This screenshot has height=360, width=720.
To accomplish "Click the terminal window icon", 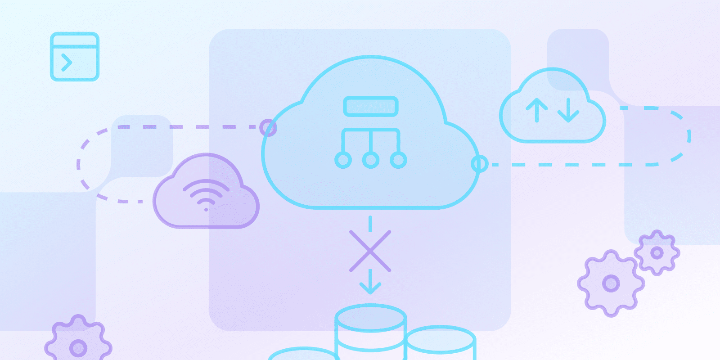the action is pyautogui.click(x=74, y=57).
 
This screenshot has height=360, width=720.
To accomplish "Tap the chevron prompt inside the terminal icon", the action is pyautogui.click(x=67, y=63).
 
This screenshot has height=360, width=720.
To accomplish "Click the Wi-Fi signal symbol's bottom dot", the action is pyautogui.click(x=206, y=210).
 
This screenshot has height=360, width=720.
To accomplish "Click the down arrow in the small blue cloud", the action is pyautogui.click(x=568, y=110).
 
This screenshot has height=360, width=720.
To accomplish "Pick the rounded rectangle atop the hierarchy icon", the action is pyautogui.click(x=370, y=107).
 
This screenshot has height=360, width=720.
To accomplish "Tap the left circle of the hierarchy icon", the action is pyautogui.click(x=343, y=160).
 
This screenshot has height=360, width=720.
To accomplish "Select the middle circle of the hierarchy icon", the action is pyautogui.click(x=370, y=160).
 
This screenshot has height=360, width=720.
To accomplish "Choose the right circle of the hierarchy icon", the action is pyautogui.click(x=398, y=160).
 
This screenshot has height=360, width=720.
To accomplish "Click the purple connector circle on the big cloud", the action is pyautogui.click(x=268, y=128).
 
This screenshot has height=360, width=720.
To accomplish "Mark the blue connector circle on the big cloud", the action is pyautogui.click(x=479, y=164).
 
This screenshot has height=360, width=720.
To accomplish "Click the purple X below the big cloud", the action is pyautogui.click(x=370, y=251).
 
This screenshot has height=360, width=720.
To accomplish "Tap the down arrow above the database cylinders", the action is pyautogui.click(x=370, y=282).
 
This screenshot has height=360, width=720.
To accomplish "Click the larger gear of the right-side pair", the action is pyautogui.click(x=611, y=283).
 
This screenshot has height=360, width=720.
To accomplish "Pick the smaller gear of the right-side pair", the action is pyautogui.click(x=657, y=253).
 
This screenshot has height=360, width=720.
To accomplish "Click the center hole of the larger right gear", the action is pyautogui.click(x=611, y=283).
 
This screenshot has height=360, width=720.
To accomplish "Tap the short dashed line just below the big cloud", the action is pyautogui.click(x=370, y=224).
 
